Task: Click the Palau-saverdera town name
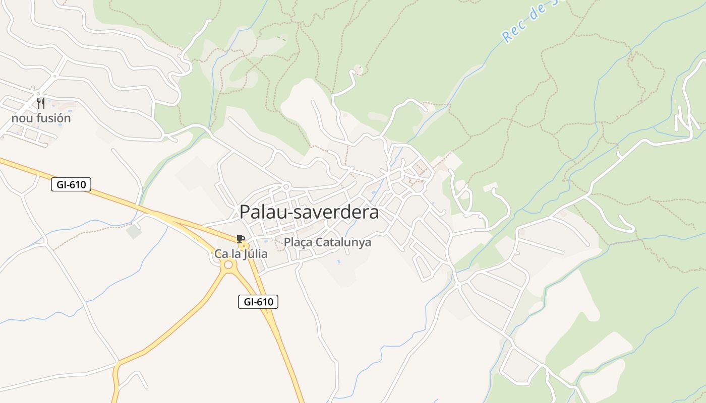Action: point(309,212)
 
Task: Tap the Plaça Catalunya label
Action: point(327,242)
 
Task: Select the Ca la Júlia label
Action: point(241,254)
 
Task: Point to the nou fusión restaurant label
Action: point(41,118)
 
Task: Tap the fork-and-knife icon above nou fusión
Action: point(41,103)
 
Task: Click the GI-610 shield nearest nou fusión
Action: point(71,184)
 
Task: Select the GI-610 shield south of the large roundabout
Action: point(258,302)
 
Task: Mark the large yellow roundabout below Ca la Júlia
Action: point(228,264)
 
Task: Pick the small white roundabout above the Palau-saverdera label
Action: point(286,187)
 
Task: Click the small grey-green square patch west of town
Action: point(134,232)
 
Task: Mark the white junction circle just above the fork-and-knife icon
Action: point(38,94)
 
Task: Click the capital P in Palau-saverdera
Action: point(245,212)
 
